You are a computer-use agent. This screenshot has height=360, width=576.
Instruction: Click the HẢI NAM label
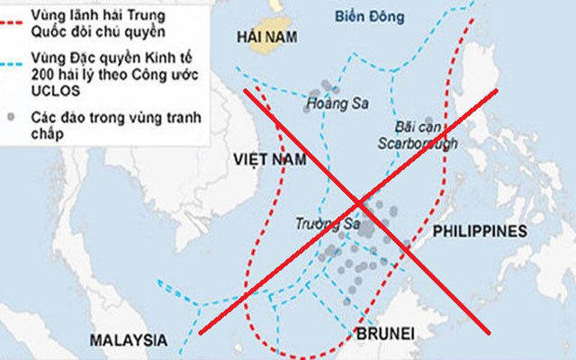pyautogui.click(x=267, y=38)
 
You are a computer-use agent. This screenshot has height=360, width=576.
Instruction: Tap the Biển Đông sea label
pyautogui.click(x=367, y=16)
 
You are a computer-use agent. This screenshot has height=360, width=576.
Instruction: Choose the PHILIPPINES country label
pyautogui.click(x=479, y=231)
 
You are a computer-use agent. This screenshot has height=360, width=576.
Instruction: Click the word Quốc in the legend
pyautogui.click(x=49, y=34)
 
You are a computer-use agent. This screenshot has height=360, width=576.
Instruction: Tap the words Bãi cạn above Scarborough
pyautogui.click(x=415, y=126)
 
